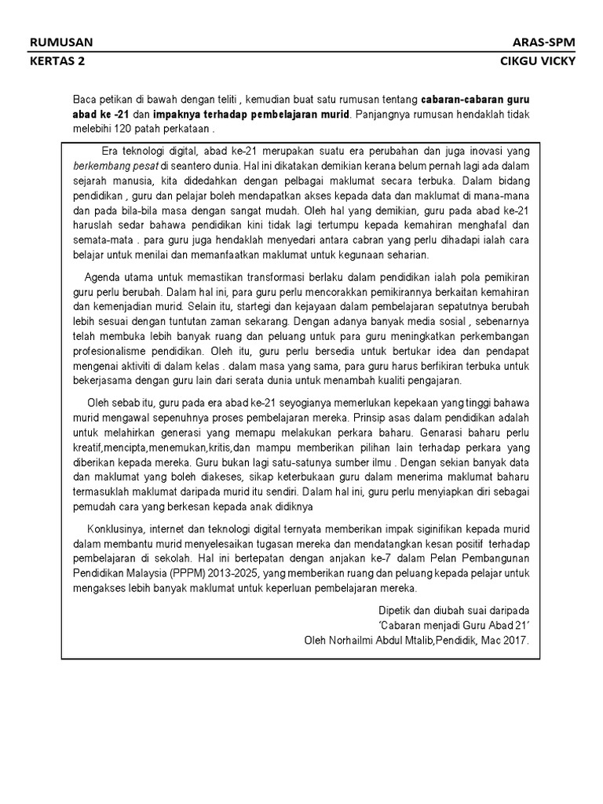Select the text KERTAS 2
point(56,64)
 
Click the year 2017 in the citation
point(516,639)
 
